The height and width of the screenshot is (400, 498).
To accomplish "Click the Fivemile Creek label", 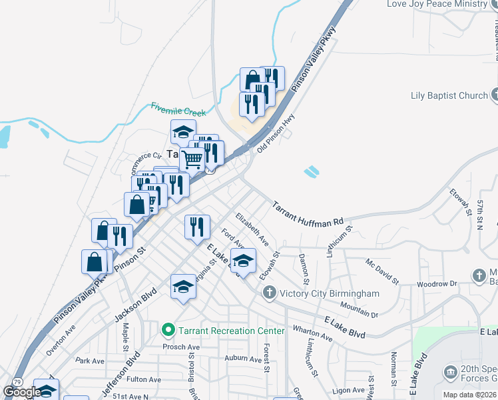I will coord(178,109).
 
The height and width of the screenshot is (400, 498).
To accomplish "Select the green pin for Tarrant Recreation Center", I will coord(168,330).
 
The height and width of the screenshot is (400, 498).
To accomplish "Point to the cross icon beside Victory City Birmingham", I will coord(269,293).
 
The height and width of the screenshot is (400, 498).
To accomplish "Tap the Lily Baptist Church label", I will coord(449,95).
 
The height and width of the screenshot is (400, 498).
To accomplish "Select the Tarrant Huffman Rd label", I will coord(308,212).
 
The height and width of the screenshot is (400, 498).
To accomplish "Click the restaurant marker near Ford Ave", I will coord(197,227).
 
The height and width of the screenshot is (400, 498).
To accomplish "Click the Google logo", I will coord(22,392).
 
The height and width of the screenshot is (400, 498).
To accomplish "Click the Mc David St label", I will coord(381,271).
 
